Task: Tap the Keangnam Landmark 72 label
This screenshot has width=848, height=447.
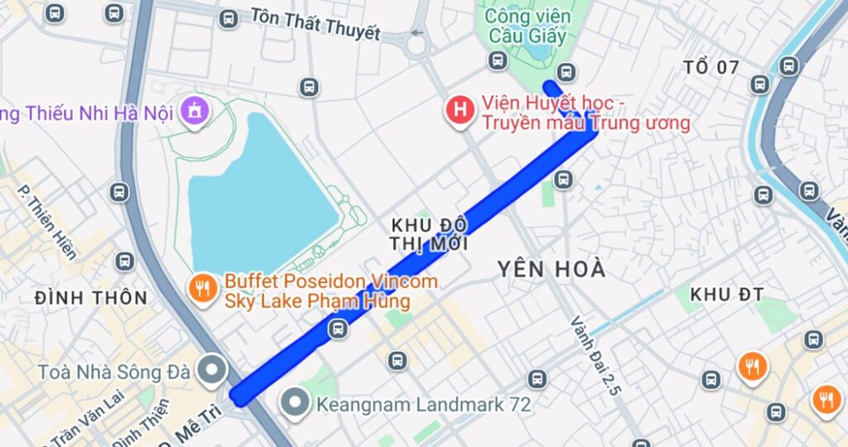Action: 423,405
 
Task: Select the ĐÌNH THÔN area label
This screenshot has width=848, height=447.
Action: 91,298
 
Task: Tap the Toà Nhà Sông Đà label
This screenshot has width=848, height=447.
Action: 113,372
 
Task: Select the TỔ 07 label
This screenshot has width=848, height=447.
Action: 711,67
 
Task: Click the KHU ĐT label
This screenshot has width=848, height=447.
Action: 726,294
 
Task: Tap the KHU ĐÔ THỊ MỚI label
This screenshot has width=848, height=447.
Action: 429,234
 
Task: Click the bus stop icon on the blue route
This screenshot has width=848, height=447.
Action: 337,329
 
